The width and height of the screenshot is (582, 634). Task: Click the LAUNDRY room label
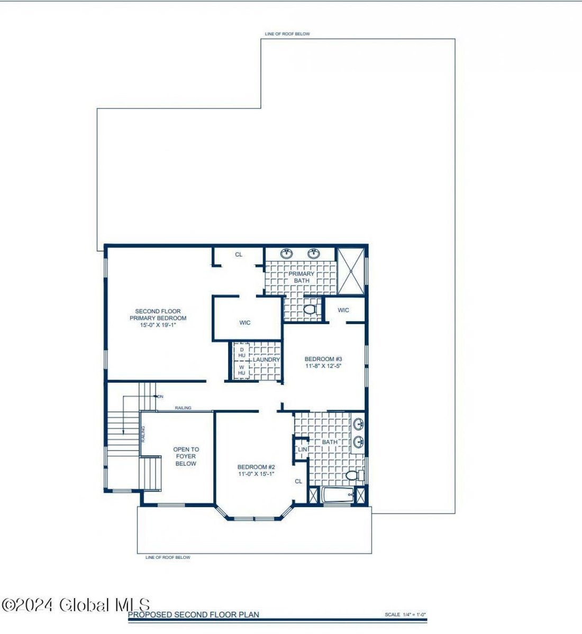pyautogui.click(x=266, y=360)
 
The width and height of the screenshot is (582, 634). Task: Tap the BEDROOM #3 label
pyautogui.click(x=320, y=360)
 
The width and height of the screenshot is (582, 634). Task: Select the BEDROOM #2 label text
pyautogui.click(x=256, y=467)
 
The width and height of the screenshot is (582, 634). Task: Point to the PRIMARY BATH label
pyautogui.click(x=302, y=277)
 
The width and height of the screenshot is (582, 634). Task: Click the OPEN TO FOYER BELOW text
pyautogui.click(x=186, y=456)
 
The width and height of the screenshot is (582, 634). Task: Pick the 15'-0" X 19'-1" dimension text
pyautogui.click(x=158, y=325)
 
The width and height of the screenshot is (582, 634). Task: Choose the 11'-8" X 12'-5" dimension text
pyautogui.click(x=320, y=366)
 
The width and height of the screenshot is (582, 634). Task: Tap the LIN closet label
pyautogui.click(x=302, y=449)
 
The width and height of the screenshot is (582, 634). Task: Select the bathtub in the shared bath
pyautogui.click(x=337, y=496)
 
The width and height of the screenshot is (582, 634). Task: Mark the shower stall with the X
pyautogui.click(x=351, y=270)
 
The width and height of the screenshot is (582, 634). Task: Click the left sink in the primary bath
pyautogui.click(x=287, y=254)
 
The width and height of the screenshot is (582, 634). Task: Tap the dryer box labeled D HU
pyautogui.click(x=242, y=352)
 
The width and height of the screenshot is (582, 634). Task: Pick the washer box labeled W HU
pyautogui.click(x=242, y=370)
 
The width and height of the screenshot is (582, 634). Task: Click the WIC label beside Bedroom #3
pyautogui.click(x=343, y=310)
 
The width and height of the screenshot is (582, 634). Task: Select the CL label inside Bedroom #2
pyautogui.click(x=298, y=481)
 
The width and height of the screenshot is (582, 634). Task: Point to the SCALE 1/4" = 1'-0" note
pyautogui.click(x=405, y=615)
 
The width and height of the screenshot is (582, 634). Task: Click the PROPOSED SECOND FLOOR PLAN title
pyautogui.click(x=194, y=614)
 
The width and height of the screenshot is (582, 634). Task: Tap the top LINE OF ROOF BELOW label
pyautogui.click(x=287, y=34)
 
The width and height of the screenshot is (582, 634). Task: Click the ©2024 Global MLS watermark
pyautogui.click(x=76, y=605)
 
